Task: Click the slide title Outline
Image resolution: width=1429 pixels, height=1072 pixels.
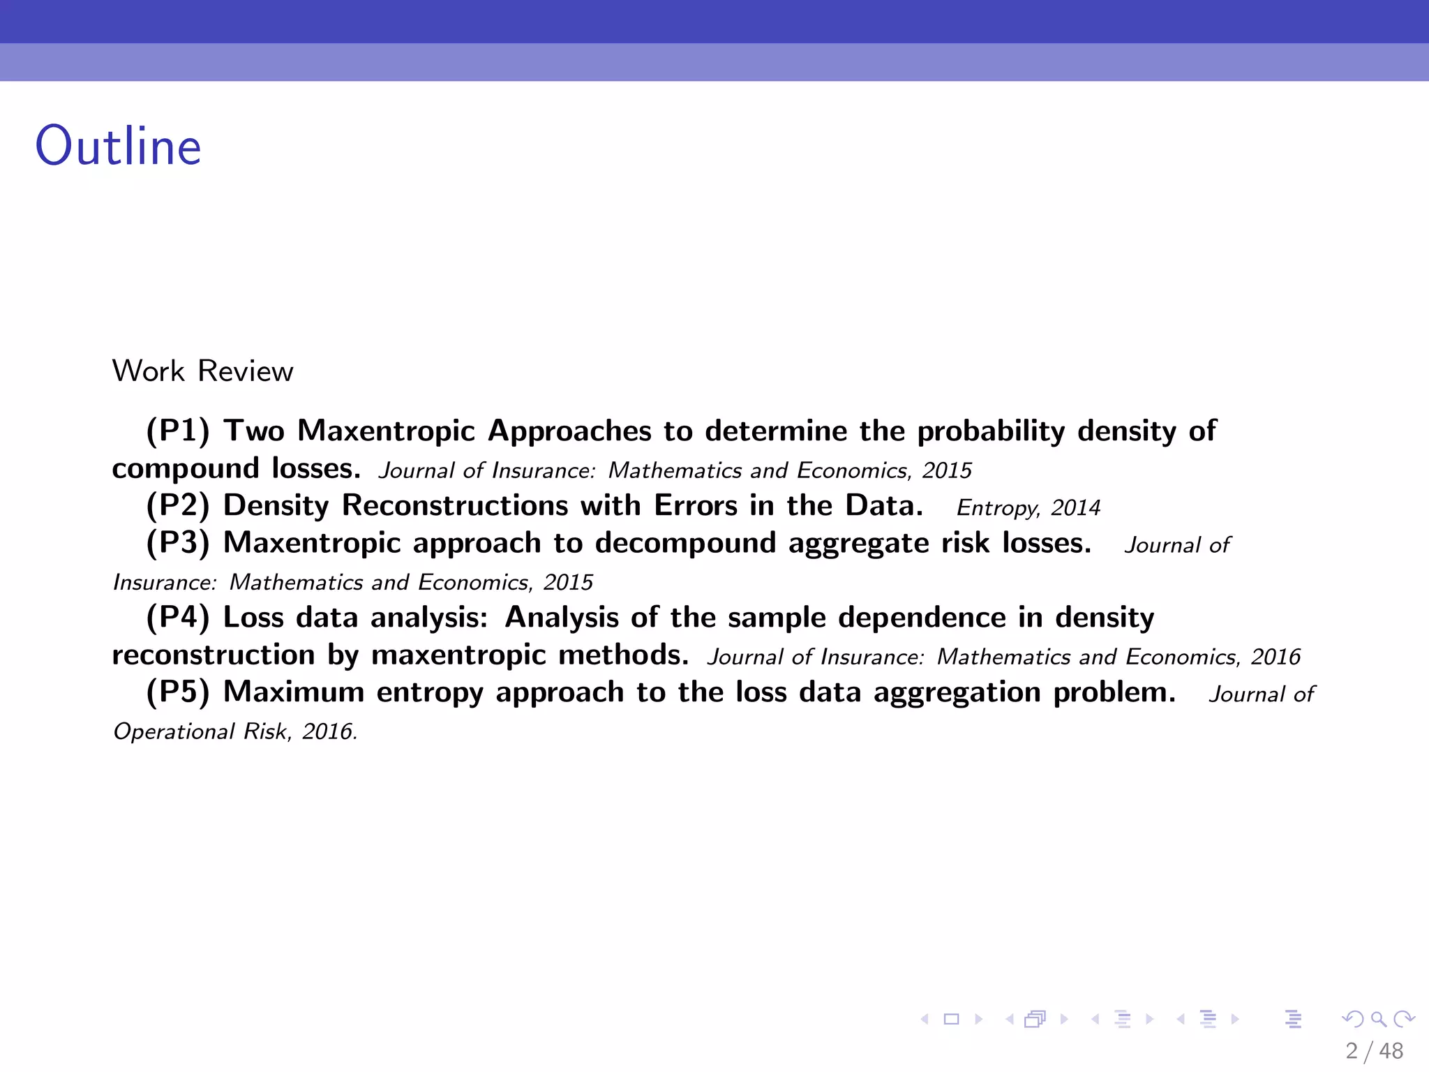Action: coord(119,147)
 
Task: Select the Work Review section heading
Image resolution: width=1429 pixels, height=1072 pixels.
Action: coord(202,371)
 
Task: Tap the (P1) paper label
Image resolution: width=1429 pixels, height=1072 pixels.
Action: coord(178,431)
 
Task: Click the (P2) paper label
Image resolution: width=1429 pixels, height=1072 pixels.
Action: coord(178,505)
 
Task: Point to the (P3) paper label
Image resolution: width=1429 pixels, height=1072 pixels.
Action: coord(178,543)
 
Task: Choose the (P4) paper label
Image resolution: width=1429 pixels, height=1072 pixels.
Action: coord(178,618)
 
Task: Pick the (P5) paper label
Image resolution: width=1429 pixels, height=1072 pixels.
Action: coord(178,692)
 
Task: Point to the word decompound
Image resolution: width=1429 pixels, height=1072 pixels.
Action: coord(685,544)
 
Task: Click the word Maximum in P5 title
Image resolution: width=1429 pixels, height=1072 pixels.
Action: coord(294,692)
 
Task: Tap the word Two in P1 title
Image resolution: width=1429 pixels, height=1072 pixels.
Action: coord(254,431)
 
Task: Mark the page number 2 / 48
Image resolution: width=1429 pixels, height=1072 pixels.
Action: coord(1374,1051)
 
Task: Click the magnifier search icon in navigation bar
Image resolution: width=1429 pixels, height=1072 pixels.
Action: coord(1378,1019)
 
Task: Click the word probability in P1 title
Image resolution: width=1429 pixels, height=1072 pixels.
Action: coord(991,431)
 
